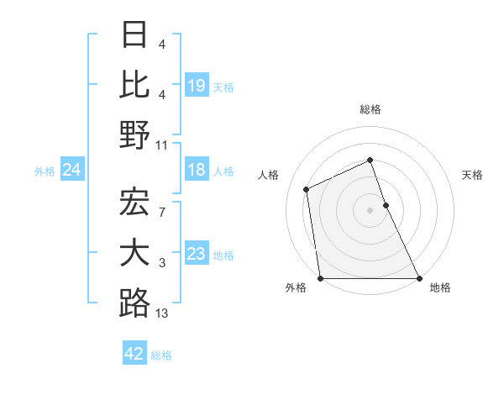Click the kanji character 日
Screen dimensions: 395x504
(135, 35)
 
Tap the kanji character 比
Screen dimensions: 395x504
(135, 85)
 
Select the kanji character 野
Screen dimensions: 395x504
(135, 134)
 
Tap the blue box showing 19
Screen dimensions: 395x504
(197, 85)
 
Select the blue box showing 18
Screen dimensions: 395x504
(197, 171)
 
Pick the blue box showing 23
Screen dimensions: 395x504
(197, 254)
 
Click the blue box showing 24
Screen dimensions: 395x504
(72, 171)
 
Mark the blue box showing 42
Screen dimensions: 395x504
(134, 354)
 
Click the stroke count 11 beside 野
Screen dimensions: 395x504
(162, 145)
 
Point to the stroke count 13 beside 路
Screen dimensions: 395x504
(162, 313)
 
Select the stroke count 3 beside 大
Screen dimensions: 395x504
(161, 264)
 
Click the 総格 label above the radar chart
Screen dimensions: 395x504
(370, 109)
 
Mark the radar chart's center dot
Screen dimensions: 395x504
(370, 210)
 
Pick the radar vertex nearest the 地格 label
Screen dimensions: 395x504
(418, 278)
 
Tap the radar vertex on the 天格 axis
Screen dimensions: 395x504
(386, 205)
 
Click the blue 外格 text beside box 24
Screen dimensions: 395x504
(45, 171)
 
